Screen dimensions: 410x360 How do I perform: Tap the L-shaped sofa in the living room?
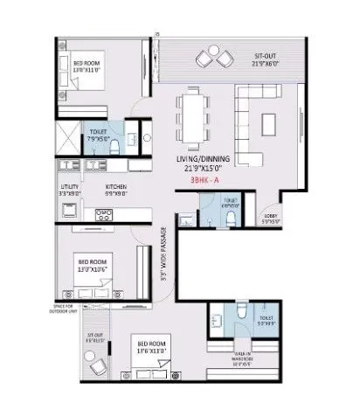[260, 128]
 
